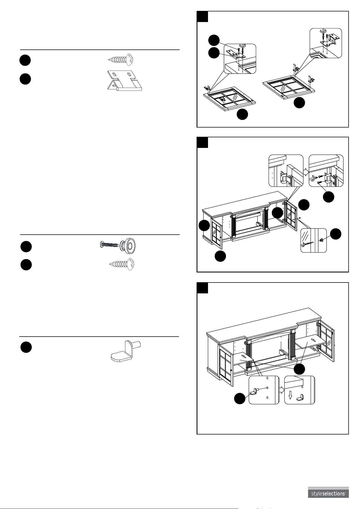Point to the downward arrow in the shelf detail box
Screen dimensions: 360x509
pyautogui.click(x=290, y=395)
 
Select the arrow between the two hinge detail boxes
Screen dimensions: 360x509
pyautogui.click(x=306, y=172)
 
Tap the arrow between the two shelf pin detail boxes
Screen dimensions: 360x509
pyautogui.click(x=282, y=390)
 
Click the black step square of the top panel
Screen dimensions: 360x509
pyautogui.click(x=203, y=16)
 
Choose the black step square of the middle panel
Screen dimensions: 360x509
pyautogui.click(x=203, y=142)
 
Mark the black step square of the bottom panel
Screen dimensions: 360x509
pyautogui.click(x=203, y=288)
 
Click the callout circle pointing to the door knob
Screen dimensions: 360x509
pyautogui.click(x=336, y=234)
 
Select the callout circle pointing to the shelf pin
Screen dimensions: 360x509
pyautogui.click(x=240, y=398)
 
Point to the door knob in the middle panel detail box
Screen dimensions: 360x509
pyautogui.click(x=321, y=240)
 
